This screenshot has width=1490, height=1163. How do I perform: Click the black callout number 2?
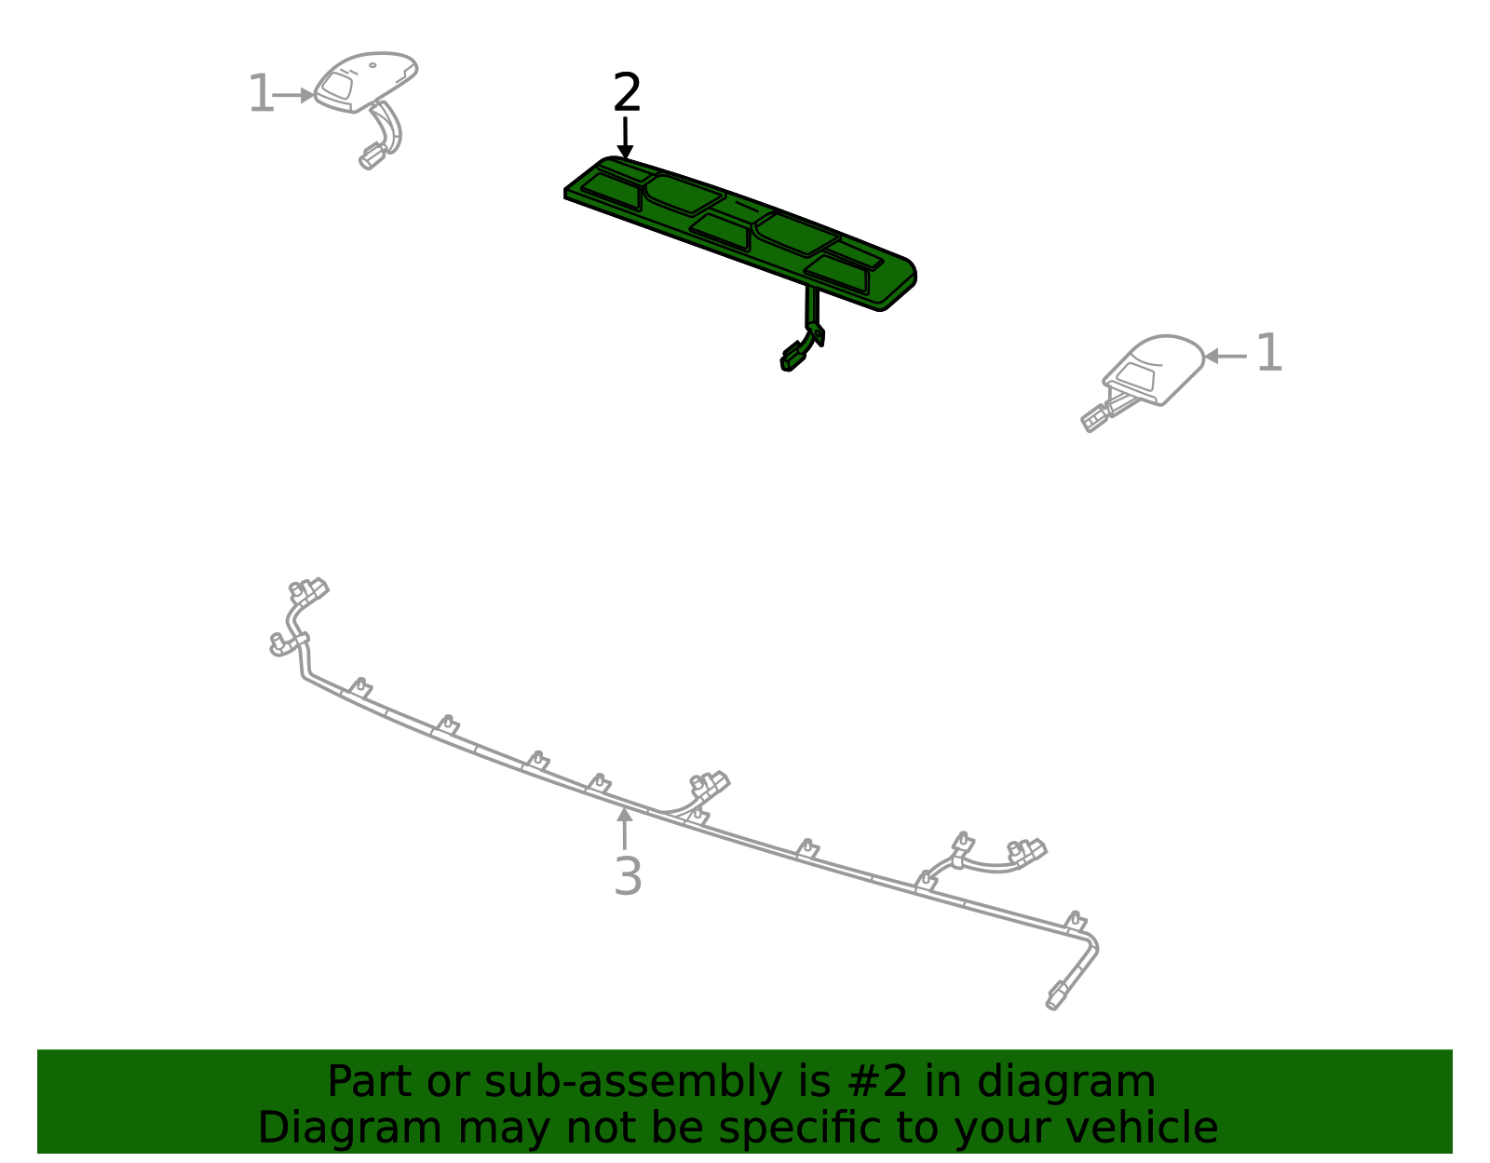(627, 94)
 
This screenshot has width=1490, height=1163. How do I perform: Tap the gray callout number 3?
(628, 876)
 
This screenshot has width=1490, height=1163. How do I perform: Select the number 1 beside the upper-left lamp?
(261, 95)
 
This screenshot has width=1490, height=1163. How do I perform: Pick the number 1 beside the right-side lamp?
(1268, 354)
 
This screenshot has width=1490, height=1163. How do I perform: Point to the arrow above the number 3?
(625, 828)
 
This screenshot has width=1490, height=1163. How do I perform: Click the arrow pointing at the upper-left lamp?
(295, 95)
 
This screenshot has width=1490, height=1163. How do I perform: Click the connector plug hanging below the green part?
(793, 356)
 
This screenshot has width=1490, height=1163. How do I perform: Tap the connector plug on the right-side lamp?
(1095, 417)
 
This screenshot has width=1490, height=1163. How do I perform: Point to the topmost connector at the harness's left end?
(309, 590)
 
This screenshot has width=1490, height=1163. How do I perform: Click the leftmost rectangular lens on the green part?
(612, 191)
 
